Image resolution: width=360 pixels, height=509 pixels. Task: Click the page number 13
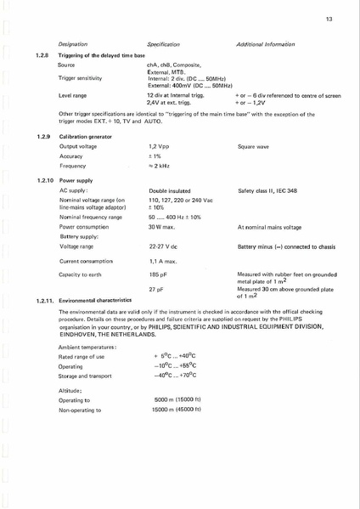pyautogui.click(x=329, y=17)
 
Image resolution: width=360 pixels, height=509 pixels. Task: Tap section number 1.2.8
pyautogui.click(x=43, y=54)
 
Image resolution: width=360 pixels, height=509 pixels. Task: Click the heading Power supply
pyautogui.click(x=76, y=181)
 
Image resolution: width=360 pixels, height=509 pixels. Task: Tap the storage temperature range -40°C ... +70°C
pyautogui.click(x=175, y=375)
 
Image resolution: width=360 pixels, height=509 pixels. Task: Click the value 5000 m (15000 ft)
pyautogui.click(x=177, y=399)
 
